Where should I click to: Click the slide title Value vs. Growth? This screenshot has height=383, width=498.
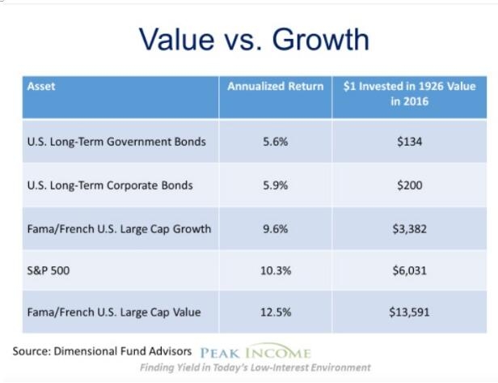(x=254, y=39)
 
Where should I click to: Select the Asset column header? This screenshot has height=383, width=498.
(x=41, y=86)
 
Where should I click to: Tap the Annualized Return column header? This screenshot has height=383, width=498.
(x=276, y=86)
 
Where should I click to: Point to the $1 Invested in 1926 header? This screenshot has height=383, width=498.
(x=409, y=94)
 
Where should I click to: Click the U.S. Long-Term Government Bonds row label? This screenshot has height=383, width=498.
(x=116, y=142)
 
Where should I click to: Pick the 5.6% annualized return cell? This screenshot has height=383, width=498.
(x=276, y=142)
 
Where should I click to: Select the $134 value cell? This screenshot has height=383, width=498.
(x=409, y=142)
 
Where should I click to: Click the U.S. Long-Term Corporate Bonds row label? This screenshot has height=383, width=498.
(x=110, y=185)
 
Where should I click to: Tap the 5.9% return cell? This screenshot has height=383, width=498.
(x=276, y=185)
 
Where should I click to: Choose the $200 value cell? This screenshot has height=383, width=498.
(x=409, y=185)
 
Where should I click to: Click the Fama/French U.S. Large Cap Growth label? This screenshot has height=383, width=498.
(x=119, y=229)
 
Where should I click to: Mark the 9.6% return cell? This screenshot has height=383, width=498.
(x=276, y=228)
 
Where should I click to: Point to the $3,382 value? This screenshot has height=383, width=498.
(x=409, y=229)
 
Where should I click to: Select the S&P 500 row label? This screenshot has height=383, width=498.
(x=49, y=270)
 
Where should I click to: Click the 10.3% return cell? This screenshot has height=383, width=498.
(x=276, y=270)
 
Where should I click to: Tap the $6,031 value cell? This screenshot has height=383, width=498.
(x=409, y=270)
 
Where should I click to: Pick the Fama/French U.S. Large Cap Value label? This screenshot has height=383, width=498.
(x=114, y=313)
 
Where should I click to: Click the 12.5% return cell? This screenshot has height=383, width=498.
(x=276, y=312)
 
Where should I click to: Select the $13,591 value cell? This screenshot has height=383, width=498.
(x=409, y=313)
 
